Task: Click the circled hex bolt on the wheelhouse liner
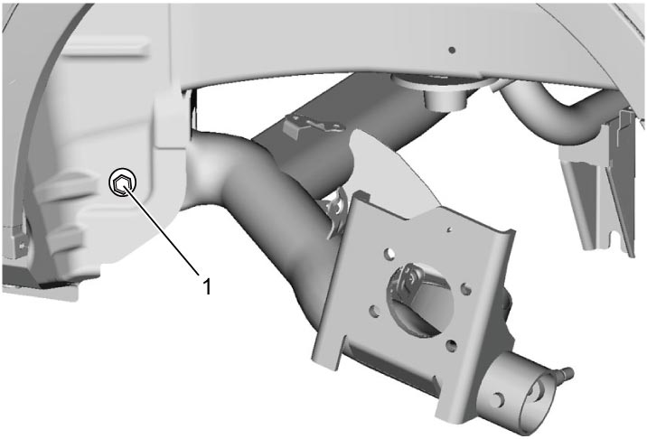click(123, 182)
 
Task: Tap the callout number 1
click(208, 286)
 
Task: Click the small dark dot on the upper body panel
click(452, 50)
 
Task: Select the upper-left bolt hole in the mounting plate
click(388, 252)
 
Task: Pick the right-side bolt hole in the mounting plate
click(466, 288)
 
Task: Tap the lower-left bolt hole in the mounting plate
click(376, 311)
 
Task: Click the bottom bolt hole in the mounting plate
click(452, 345)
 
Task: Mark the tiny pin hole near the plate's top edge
click(450, 229)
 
